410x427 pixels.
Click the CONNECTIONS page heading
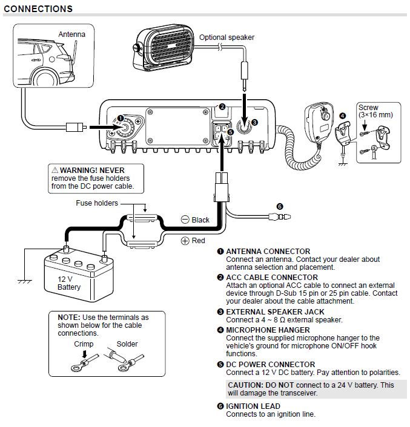(38, 9)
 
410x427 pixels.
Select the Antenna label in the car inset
(71, 34)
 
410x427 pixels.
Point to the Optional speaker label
(227, 37)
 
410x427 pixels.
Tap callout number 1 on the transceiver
(120, 119)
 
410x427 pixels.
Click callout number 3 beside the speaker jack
(254, 122)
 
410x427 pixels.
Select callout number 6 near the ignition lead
(280, 206)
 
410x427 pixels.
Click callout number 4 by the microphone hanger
(342, 116)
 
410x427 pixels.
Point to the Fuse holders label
(97, 203)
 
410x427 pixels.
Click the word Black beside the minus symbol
(200, 220)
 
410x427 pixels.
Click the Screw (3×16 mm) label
(375, 111)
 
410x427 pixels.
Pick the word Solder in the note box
(127, 344)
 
